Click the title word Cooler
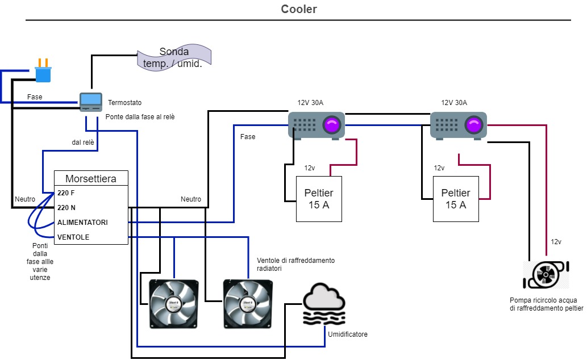click(x=299, y=10)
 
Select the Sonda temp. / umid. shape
click(x=174, y=58)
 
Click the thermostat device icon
click(x=90, y=102)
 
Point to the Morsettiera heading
click(x=91, y=178)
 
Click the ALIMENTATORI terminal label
click(x=82, y=223)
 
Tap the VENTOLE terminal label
click(x=73, y=237)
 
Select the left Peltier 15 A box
click(x=319, y=199)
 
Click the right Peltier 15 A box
click(x=456, y=199)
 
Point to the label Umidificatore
click(x=348, y=334)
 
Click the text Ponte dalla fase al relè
click(x=140, y=117)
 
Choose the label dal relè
click(x=83, y=143)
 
